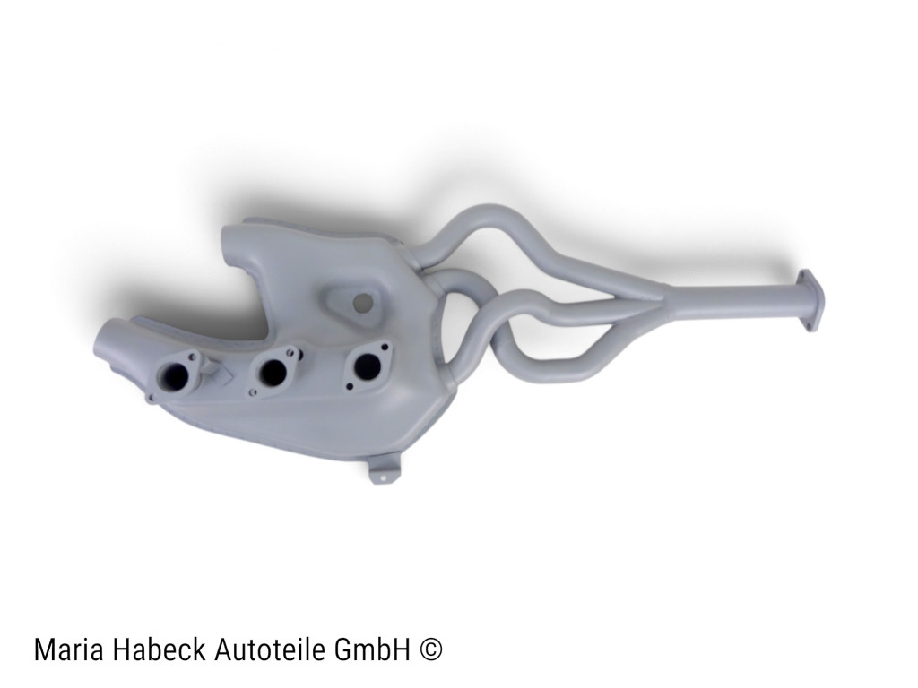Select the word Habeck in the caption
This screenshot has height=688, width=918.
click(158, 649)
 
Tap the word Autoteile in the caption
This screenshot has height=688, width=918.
click(270, 649)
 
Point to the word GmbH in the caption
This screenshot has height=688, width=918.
click(372, 649)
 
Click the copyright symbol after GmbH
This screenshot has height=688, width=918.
click(431, 649)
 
